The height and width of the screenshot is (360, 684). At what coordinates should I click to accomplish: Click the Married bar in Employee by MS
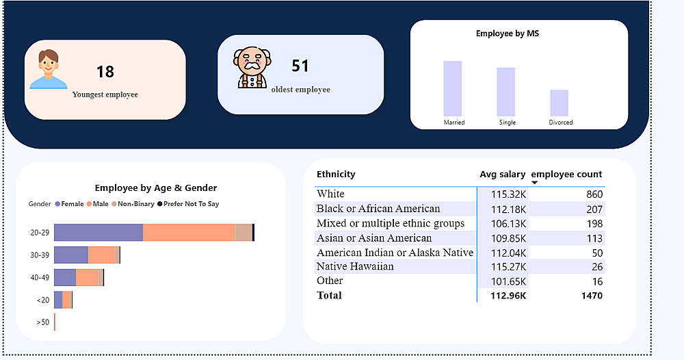pyautogui.click(x=452, y=88)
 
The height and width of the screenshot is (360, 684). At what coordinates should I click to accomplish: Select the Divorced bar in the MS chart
pyautogui.click(x=559, y=103)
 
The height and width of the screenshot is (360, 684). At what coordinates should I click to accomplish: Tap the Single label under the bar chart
pyautogui.click(x=507, y=123)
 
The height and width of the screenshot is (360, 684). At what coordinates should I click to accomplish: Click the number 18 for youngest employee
pyautogui.click(x=105, y=72)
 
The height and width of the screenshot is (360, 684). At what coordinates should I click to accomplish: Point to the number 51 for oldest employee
pyautogui.click(x=300, y=66)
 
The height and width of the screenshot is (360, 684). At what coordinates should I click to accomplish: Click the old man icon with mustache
pyautogui.click(x=252, y=67)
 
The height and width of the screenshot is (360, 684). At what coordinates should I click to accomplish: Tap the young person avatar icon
pyautogui.click(x=47, y=69)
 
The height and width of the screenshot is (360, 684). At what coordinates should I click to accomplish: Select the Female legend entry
pyautogui.click(x=72, y=204)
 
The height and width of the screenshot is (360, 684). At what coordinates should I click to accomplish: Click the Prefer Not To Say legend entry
pyautogui.click(x=188, y=204)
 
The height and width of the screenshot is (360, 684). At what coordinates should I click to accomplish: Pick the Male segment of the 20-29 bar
pyautogui.click(x=189, y=233)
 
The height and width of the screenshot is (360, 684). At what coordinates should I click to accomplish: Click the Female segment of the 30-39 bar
pyautogui.click(x=71, y=255)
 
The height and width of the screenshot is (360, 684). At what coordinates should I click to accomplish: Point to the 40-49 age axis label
pyautogui.click(x=40, y=278)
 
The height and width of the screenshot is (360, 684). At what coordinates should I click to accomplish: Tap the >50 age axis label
pyautogui.click(x=42, y=322)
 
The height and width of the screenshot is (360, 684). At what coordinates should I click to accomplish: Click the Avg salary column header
pyautogui.click(x=503, y=175)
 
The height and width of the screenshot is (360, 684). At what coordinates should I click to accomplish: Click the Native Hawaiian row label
pyautogui.click(x=355, y=266)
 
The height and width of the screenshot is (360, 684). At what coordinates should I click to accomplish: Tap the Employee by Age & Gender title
pyautogui.click(x=156, y=188)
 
